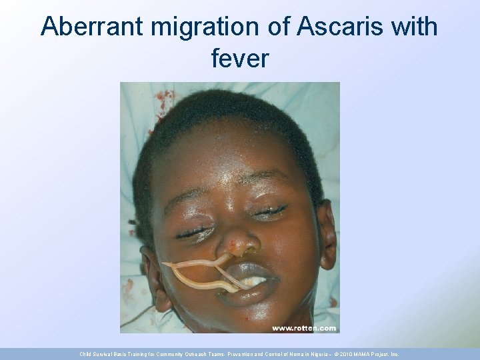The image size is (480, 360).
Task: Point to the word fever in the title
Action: pyautogui.click(x=240, y=59)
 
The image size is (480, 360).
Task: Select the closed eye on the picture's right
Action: pyautogui.click(x=270, y=211)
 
